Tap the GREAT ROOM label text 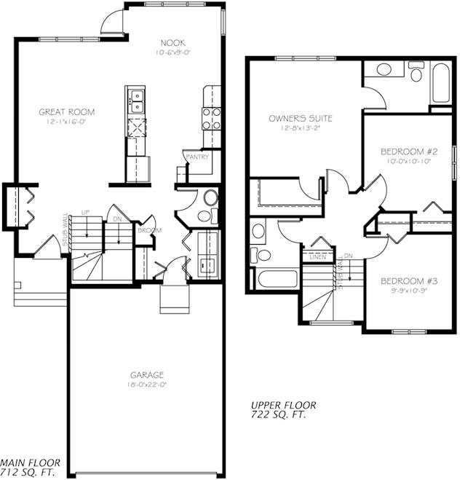67,112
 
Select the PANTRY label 197,157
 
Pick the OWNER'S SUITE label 301,118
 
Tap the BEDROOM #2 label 405,152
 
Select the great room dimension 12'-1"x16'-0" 67,122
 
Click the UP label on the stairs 85,212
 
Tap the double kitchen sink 135,99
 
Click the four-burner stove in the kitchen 211,118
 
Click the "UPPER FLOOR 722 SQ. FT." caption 279,410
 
